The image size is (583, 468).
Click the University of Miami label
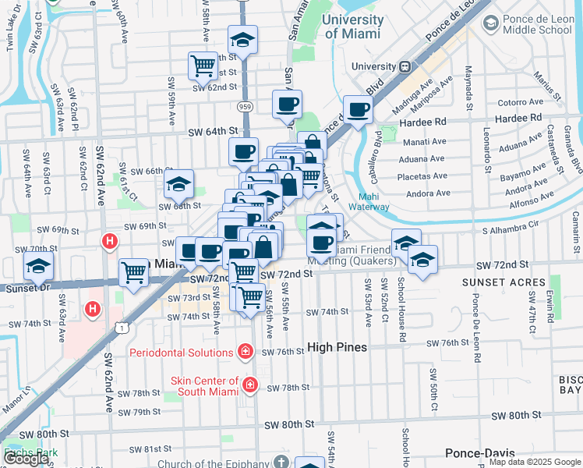(352, 27)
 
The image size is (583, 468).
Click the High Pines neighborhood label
(337, 347)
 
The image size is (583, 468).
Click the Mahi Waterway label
(373, 201)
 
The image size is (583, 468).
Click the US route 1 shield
(122, 329)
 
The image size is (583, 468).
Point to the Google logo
(26, 459)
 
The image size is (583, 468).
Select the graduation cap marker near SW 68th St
(179, 185)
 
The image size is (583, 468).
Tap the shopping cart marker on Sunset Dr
(133, 273)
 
